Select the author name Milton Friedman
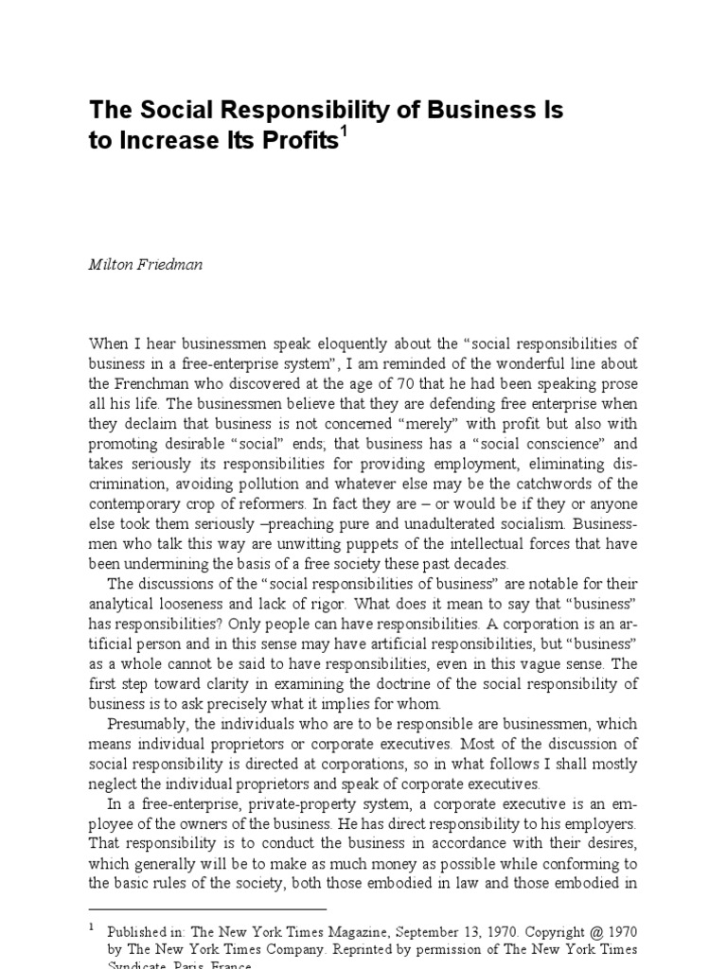[x=145, y=265]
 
